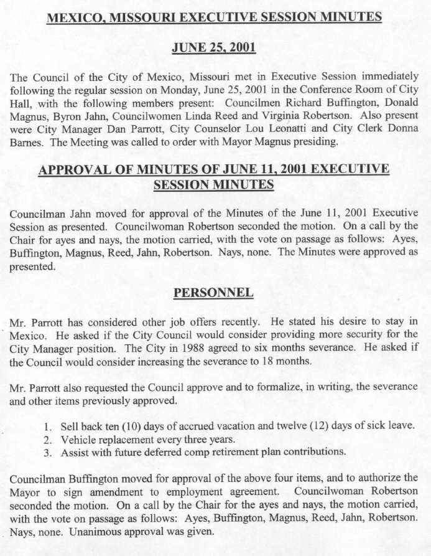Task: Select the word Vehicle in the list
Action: click(80, 440)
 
